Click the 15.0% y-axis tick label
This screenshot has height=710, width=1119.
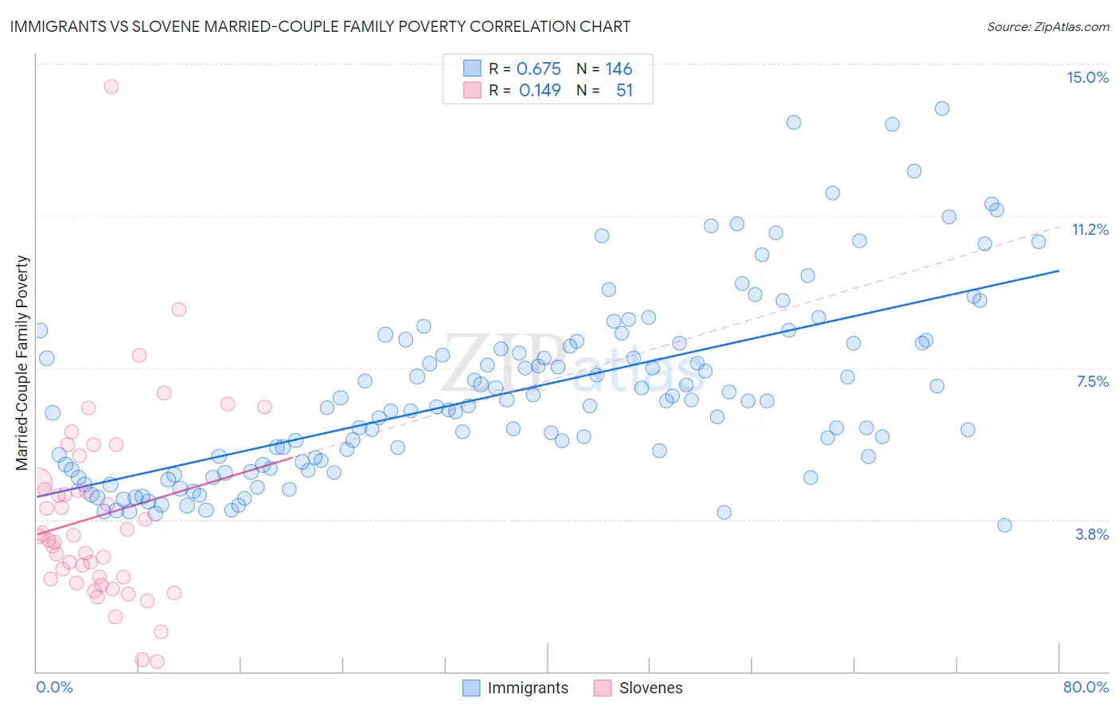(x=1087, y=77)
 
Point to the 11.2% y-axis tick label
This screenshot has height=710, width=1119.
(x=1090, y=230)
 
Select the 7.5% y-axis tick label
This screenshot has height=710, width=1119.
(x=1092, y=382)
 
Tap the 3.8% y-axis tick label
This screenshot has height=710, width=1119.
(x=1092, y=534)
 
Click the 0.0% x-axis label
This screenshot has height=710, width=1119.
(x=54, y=687)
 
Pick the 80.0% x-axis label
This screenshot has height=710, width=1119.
(x=1086, y=687)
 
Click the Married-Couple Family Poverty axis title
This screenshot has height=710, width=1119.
(x=22, y=362)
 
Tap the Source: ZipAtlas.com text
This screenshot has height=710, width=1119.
(x=1047, y=26)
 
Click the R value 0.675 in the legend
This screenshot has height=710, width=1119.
(x=539, y=69)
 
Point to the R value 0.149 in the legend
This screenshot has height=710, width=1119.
(x=540, y=91)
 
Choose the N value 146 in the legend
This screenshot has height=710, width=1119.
(x=618, y=69)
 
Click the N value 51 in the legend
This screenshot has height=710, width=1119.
(x=624, y=91)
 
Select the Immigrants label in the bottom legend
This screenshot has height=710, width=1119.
(x=528, y=688)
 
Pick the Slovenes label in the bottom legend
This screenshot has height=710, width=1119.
(x=650, y=688)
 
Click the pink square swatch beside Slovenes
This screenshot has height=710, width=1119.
(x=602, y=688)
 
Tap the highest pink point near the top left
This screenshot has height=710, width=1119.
(x=111, y=87)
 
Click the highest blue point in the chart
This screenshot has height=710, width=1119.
(x=942, y=108)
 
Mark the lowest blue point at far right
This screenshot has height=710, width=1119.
(x=1004, y=525)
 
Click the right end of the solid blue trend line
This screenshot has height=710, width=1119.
(x=1059, y=271)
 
